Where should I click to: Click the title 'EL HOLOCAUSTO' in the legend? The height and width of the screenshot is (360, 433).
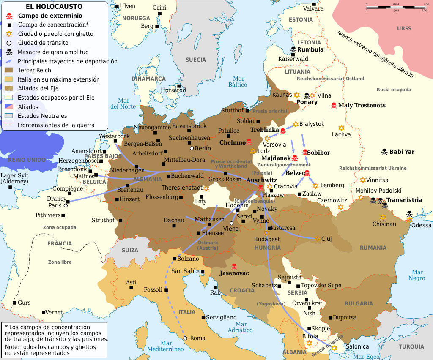coord(54,7)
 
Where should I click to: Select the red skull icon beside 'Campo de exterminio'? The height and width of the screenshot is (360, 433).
coord(9,16)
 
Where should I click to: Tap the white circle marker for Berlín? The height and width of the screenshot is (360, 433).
coord(192,148)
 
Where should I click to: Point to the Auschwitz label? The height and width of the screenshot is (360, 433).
coord(262,180)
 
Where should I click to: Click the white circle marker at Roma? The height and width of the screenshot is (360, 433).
coord(185,338)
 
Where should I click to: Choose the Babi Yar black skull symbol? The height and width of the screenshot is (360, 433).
coord(384,152)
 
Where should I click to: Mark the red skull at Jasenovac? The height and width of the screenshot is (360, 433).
coord(234,267)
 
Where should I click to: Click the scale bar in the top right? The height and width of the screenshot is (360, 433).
coord(395,7)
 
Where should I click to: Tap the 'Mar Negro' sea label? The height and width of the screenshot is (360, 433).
coord(417,275)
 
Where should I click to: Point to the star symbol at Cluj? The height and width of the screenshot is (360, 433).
coord(318,239)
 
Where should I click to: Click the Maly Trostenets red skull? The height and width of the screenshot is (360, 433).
coord(333,105)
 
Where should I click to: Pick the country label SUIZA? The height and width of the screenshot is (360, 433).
coord(130,250)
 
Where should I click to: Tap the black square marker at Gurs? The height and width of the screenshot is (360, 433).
coord(15,303)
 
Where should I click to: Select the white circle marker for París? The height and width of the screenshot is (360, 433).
coord(66,205)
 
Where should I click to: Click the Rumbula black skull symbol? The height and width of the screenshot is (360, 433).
coord(293,50)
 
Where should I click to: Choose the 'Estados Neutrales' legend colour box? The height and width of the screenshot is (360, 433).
coord(9,116)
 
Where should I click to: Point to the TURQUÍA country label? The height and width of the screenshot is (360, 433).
coord(411,346)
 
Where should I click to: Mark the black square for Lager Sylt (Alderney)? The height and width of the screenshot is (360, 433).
coord(10,187)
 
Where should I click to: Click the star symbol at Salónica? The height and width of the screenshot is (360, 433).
coord(334,347)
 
